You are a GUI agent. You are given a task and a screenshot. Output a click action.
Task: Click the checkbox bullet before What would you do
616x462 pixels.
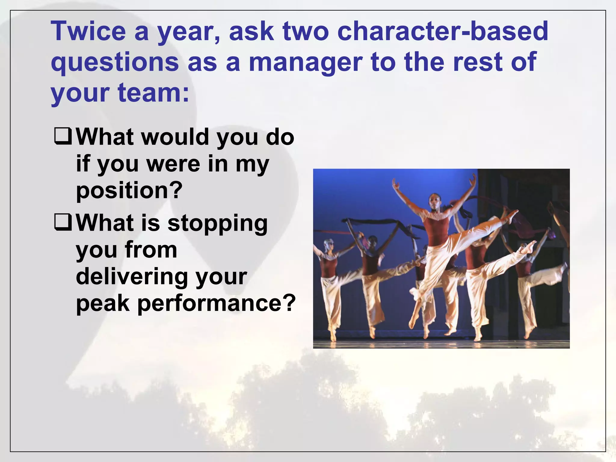[63, 136]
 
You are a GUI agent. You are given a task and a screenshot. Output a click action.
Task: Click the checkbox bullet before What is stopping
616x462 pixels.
[63, 222]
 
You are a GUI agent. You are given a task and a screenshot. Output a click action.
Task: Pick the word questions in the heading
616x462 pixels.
[115, 63]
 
